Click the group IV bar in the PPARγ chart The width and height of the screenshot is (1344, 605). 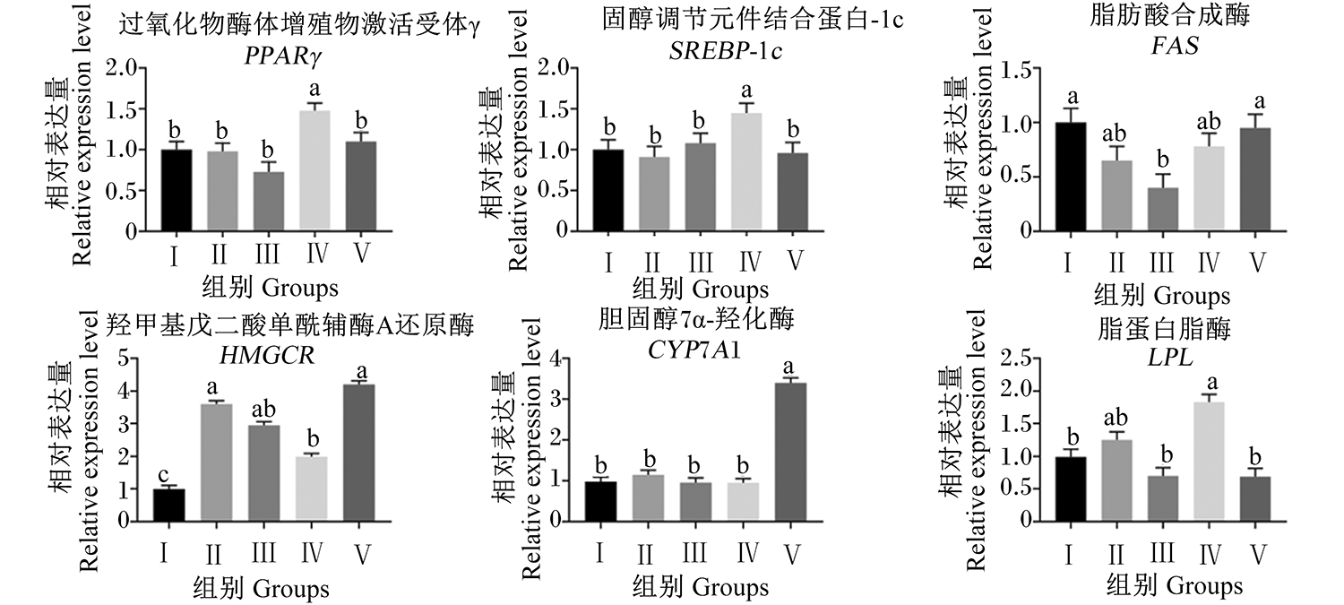314,170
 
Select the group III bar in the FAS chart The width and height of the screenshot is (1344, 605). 1163,209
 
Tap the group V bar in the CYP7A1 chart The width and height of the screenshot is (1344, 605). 791,452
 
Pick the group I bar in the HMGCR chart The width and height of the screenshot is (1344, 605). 168,505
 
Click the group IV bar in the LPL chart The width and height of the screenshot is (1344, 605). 1209,461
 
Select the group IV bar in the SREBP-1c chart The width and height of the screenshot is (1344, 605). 747,172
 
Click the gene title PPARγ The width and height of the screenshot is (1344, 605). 283,56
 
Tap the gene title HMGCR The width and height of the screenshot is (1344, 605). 267,355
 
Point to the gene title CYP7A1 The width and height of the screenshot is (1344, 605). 694,350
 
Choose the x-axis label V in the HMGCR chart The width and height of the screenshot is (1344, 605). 361,554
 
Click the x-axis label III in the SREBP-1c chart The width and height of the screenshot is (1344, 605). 700,263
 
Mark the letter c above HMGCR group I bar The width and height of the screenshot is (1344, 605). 163,475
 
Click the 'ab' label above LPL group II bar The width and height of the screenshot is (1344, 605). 1116,417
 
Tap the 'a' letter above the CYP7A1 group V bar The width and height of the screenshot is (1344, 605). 789,367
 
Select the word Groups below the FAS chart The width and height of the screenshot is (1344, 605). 1193,295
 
